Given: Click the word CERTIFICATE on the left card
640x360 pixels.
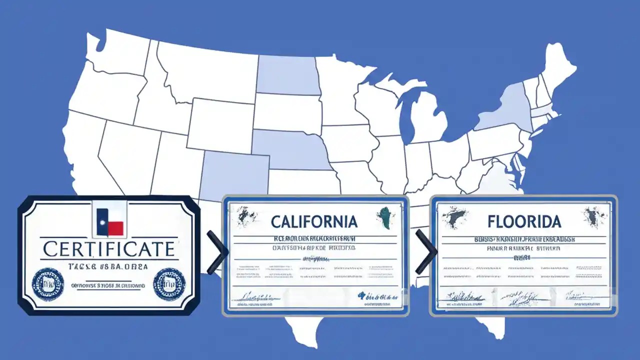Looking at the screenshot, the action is (x=108, y=248).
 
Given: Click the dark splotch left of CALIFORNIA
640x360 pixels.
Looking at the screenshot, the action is (x=247, y=216).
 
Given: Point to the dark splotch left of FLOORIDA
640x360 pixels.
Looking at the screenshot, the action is (x=455, y=216).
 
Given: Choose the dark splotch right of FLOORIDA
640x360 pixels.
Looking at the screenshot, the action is (x=595, y=216).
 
